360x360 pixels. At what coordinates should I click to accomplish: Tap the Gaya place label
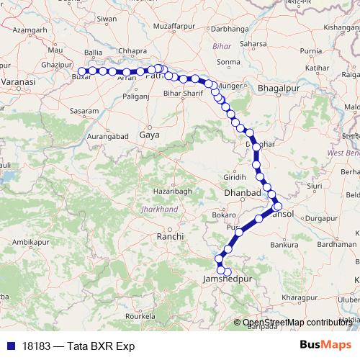pyautogui.click(x=149, y=135)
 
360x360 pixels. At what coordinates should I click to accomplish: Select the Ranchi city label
pyautogui.click(x=171, y=235)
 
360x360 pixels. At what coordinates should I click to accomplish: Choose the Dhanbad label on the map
pyautogui.click(x=242, y=193)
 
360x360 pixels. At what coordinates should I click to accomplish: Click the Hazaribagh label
pyautogui.click(x=173, y=191)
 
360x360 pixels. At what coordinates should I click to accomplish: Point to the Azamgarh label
pyautogui.click(x=30, y=30)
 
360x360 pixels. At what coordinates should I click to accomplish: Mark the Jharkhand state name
pyautogui.click(x=160, y=209)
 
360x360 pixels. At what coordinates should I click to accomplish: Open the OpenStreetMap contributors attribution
pyautogui.click(x=297, y=323)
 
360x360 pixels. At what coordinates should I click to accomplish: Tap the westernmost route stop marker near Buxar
pyautogui.click(x=83, y=71)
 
